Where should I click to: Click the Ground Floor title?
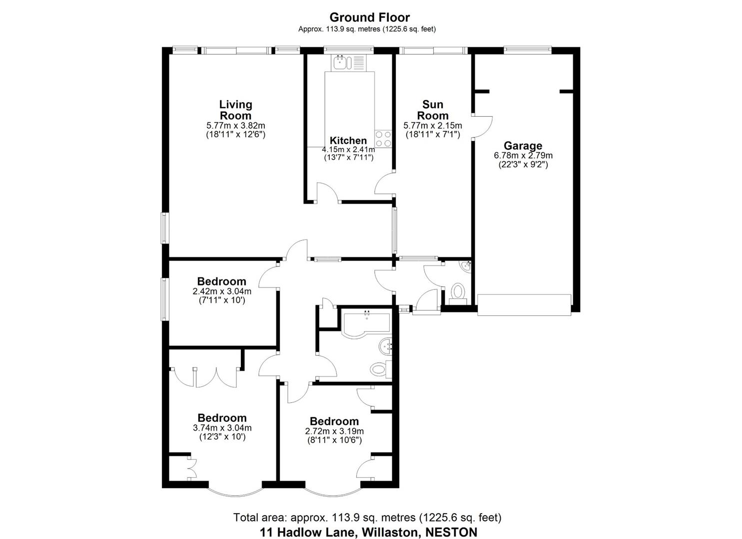coord(369,17)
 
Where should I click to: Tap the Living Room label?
coord(236,110)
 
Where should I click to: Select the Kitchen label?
coord(348,141)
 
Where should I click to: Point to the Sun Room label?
coord(433,110)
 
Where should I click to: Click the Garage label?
coord(523,146)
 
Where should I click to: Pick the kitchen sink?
coord(340,63)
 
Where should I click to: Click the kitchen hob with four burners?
coord(383,139)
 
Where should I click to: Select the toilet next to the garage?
coord(457,292)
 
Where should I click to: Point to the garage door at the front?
coord(524,304)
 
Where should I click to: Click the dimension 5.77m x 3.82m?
coord(236,126)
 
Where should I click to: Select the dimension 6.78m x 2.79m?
coord(523,156)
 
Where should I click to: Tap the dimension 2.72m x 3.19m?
coord(334,431)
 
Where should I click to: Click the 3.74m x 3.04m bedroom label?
coord(222,418)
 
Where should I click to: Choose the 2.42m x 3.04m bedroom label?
coord(221,281)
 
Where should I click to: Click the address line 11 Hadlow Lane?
coord(368,532)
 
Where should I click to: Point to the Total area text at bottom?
coord(367,518)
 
